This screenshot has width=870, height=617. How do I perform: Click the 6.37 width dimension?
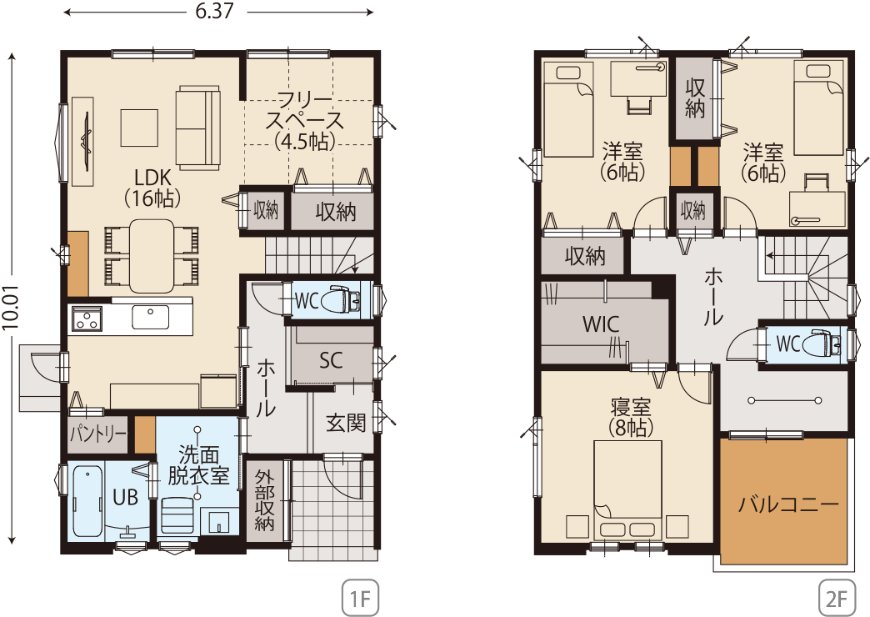[x=214, y=11]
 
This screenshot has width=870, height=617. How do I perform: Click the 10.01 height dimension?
[x=11, y=308]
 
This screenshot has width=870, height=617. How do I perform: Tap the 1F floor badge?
[x=360, y=598]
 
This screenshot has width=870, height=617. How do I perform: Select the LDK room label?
[x=152, y=188]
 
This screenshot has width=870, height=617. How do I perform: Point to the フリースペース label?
[x=305, y=121]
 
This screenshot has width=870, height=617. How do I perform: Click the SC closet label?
[x=331, y=360]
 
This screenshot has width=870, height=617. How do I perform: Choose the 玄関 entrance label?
[x=345, y=424]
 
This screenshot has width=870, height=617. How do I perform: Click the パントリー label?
[x=97, y=434]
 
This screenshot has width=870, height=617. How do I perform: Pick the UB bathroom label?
[x=125, y=497]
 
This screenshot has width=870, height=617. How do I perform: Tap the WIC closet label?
[x=601, y=324]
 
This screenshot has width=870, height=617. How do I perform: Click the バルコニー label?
[x=787, y=504]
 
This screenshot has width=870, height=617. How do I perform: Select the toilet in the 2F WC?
[x=827, y=344]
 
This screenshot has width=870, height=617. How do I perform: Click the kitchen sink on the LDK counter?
[x=150, y=318]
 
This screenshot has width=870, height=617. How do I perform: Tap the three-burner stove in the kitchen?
[x=86, y=319]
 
